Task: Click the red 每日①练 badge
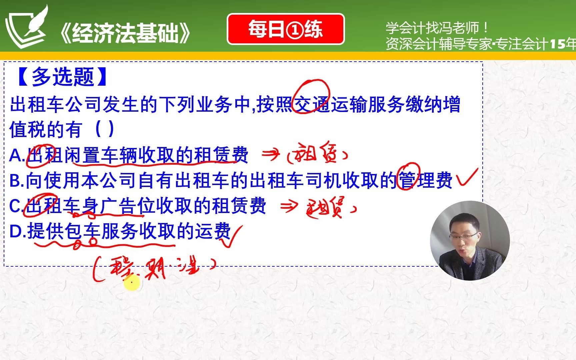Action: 285,29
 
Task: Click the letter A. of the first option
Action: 17,155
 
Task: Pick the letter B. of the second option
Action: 17,180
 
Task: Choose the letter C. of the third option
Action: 16,206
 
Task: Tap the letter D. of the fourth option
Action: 18,231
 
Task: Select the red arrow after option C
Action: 289,207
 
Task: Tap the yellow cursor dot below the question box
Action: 132,283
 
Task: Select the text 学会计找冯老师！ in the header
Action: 437,28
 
